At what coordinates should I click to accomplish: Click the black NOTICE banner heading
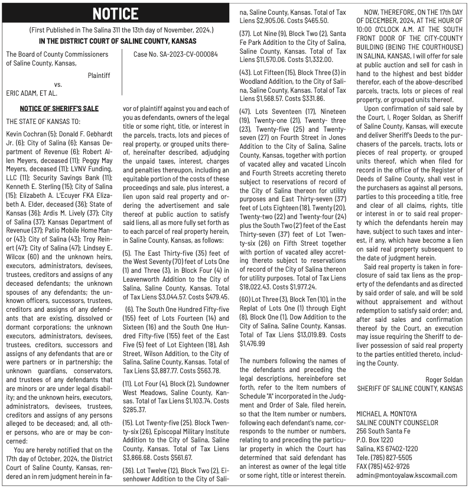click(x=115, y=14)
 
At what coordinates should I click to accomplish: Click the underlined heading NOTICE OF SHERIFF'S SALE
click(x=59, y=108)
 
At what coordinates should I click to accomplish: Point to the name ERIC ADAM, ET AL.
click(x=31, y=93)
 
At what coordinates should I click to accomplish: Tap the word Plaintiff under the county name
click(x=99, y=75)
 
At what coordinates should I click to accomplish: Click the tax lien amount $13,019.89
click(x=301, y=334)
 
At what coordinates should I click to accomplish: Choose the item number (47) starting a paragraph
click(x=245, y=112)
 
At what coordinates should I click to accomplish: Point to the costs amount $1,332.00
click(x=320, y=59)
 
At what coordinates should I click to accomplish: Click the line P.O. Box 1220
click(x=375, y=440)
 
